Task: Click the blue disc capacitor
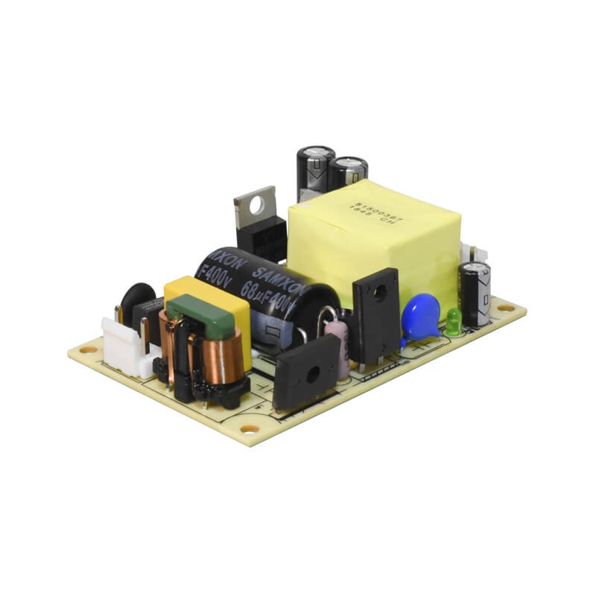pos(421,315)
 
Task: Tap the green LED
pos(454,319)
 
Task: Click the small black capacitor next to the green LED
pos(475,292)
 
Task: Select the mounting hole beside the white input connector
pos(88,349)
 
